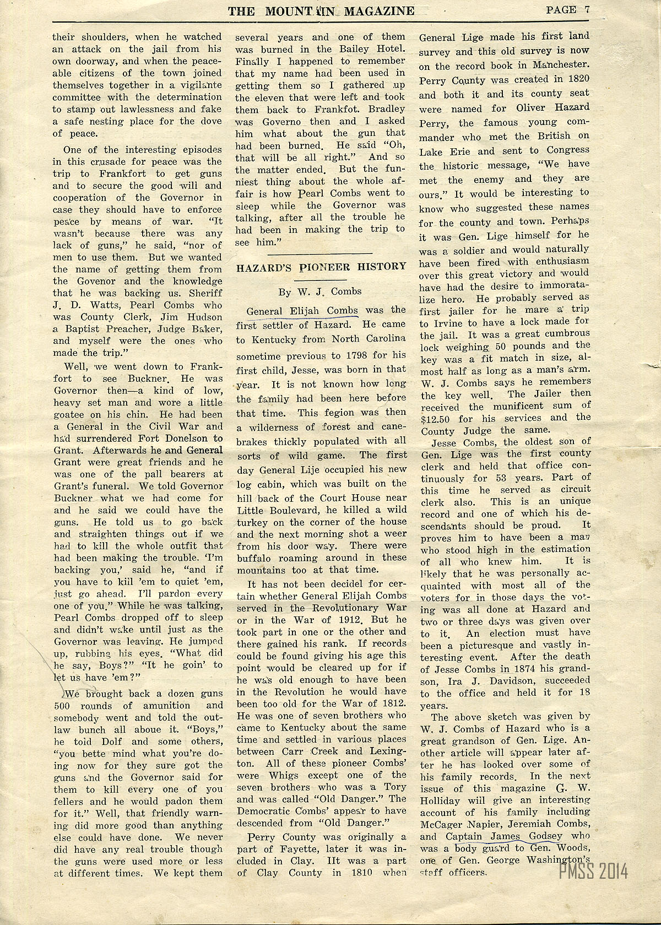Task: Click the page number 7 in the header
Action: tap(587, 9)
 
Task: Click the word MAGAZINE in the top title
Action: tap(378, 10)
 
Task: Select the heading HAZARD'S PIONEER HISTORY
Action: tap(321, 267)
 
